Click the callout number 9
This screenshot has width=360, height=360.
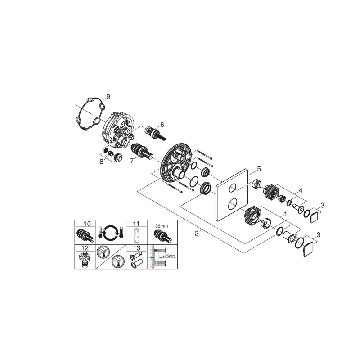[108, 97]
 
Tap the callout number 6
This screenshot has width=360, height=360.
[162, 125]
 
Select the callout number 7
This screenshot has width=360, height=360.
[131, 161]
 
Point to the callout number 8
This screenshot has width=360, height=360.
[101, 162]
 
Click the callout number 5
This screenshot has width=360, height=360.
[259, 169]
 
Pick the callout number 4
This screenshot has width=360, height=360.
[301, 190]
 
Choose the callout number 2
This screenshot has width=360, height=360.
[196, 234]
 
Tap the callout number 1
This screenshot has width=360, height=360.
[285, 214]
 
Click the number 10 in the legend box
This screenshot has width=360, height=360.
[87, 224]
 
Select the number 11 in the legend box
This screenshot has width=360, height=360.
[136, 224]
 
